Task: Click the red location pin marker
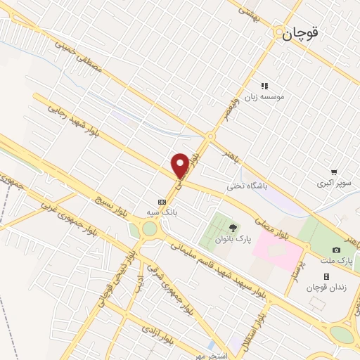pos(181,165)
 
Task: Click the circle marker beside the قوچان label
pos(279,32)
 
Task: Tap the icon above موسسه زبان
pos(264,86)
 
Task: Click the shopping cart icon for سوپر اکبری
pos(334,172)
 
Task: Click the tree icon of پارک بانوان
pos(233,227)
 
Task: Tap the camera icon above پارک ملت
pos(337,250)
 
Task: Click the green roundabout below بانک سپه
pos(150,229)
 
